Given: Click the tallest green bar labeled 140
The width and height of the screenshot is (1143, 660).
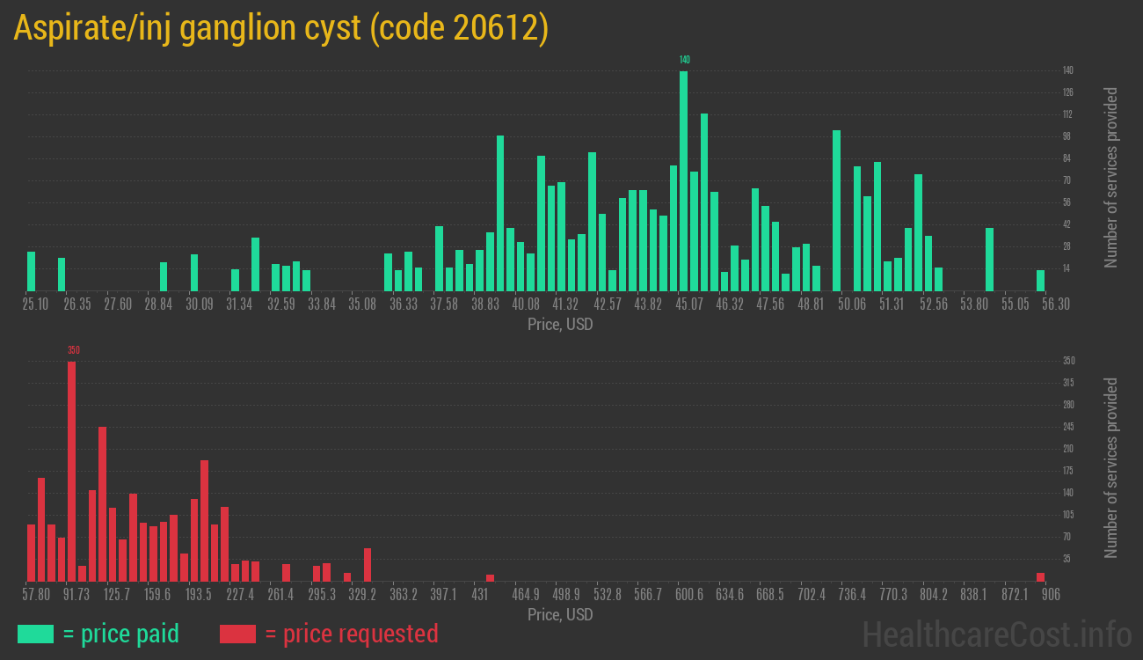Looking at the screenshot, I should click(683, 180).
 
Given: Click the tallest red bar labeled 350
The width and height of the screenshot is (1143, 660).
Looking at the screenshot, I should click(71, 471).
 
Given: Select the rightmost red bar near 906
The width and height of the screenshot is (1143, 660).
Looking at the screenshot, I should click(1040, 576).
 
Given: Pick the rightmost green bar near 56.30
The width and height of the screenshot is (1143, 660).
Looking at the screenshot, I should click(1040, 280).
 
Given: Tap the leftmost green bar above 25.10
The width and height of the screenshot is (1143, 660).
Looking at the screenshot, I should click(32, 271).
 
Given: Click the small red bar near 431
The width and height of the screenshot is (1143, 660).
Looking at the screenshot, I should click(490, 577).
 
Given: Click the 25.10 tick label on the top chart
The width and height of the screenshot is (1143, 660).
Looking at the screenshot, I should click(36, 304).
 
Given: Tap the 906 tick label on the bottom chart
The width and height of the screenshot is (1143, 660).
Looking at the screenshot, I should click(1051, 595).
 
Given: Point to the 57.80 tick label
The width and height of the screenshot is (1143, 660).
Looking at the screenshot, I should click(36, 595).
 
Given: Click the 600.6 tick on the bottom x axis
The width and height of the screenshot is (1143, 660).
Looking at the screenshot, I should click(689, 595).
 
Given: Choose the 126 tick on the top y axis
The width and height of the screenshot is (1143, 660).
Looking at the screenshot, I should click(1067, 92).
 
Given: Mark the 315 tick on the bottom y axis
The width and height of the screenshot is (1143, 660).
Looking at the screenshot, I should click(1068, 383).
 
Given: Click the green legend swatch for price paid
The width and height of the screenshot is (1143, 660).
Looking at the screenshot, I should click(35, 634).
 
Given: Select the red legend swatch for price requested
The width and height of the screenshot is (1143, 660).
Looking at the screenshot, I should click(237, 634).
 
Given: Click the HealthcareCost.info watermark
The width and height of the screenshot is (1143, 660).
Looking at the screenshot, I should click(996, 634).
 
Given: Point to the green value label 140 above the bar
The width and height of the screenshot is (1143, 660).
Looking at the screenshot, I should click(685, 60).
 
